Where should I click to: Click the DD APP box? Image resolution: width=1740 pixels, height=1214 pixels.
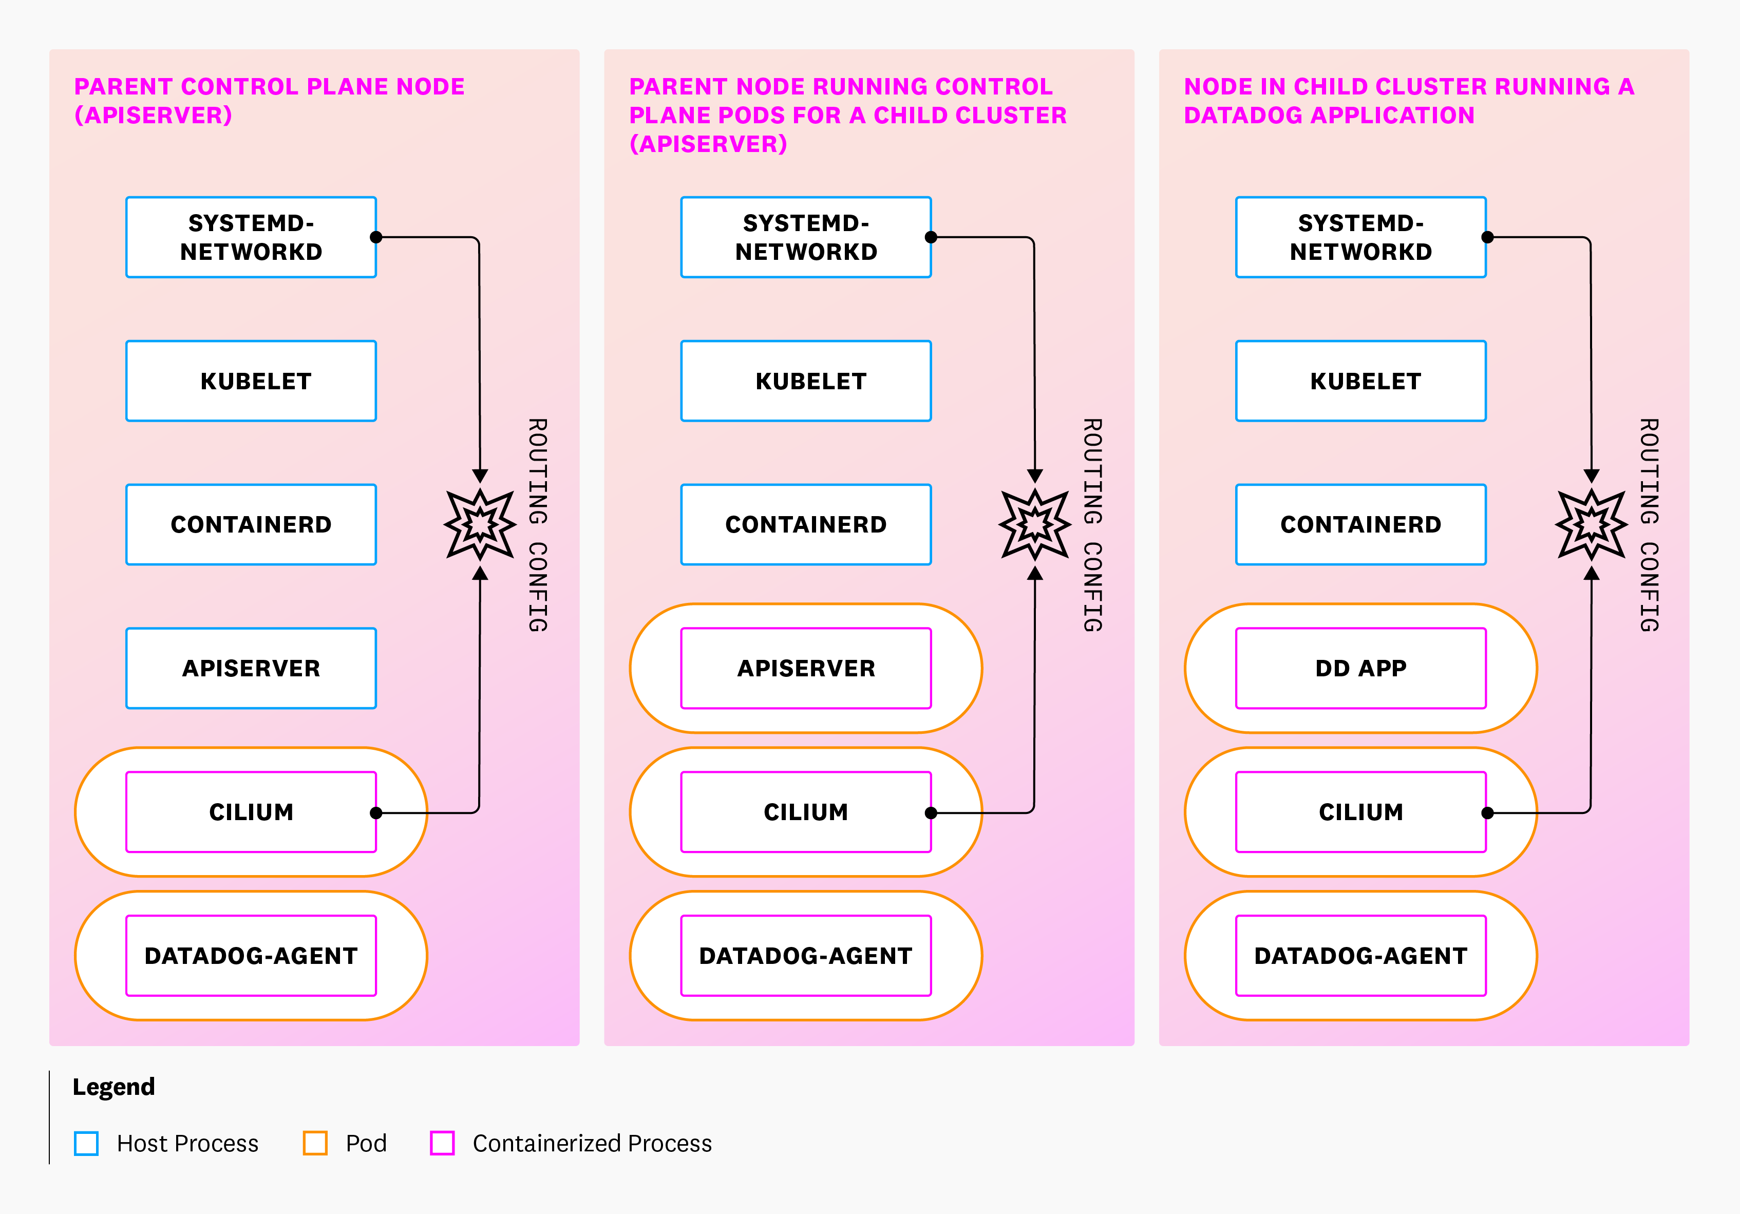point(1360,669)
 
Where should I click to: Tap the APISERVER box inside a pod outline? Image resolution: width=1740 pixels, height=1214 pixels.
point(806,669)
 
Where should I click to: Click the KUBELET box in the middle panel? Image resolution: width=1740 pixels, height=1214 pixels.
point(806,381)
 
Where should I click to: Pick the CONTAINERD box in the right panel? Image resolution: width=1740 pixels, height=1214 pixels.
point(1360,524)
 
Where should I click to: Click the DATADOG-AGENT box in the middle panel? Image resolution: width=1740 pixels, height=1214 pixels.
point(806,956)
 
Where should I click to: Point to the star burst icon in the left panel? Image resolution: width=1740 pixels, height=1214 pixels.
point(481,524)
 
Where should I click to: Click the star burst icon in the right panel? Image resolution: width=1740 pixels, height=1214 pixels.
point(1592,524)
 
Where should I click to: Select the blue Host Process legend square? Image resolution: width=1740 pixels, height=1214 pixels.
point(86,1143)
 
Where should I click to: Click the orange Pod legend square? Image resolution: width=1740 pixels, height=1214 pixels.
point(315,1143)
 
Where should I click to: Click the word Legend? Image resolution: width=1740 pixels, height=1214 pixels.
point(114,1087)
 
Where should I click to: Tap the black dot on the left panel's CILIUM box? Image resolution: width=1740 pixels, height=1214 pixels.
point(376,813)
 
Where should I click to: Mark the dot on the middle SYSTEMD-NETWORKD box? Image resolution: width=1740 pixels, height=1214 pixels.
point(932,237)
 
